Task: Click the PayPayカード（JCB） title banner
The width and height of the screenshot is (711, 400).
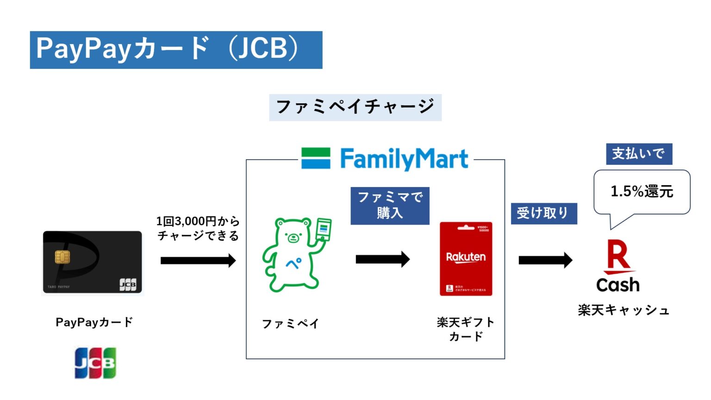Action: click(x=176, y=50)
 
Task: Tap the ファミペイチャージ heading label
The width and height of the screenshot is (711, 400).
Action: click(x=355, y=107)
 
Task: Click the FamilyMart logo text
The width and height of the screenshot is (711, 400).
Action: click(x=404, y=159)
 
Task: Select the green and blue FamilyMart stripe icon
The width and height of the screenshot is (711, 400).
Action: click(x=316, y=158)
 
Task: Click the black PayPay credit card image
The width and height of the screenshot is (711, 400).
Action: click(x=93, y=262)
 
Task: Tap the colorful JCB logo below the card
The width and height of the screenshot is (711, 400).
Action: click(x=95, y=363)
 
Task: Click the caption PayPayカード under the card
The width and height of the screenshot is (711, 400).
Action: click(x=94, y=322)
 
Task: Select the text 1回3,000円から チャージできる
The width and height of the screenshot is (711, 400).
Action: click(x=198, y=228)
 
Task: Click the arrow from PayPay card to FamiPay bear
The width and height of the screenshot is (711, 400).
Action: click(x=198, y=261)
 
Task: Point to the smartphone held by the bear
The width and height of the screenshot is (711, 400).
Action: click(x=323, y=229)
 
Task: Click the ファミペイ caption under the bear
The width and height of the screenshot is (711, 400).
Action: click(x=290, y=324)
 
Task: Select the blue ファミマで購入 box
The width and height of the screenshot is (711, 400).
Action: click(x=390, y=206)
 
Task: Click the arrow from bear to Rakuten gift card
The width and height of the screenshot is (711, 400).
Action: click(x=382, y=259)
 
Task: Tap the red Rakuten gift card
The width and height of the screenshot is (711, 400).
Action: click(x=466, y=259)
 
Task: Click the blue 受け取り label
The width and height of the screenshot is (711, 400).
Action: click(x=543, y=213)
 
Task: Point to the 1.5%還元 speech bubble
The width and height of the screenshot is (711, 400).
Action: click(x=642, y=192)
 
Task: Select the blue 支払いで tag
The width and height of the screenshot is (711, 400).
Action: click(x=639, y=154)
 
